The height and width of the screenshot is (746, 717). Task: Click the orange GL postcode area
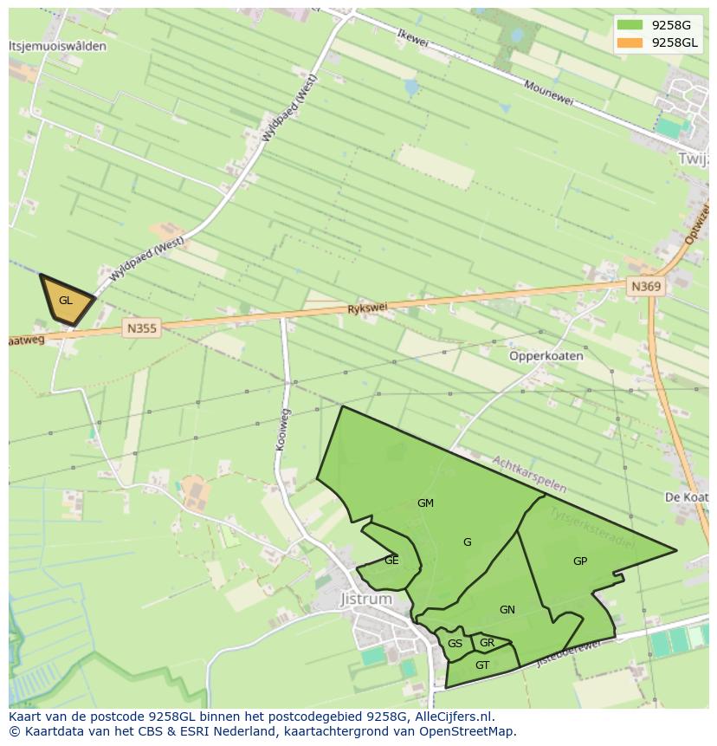(x=66, y=301)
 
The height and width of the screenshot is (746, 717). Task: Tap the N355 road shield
(x=142, y=328)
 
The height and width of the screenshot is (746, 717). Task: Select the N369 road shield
(x=646, y=286)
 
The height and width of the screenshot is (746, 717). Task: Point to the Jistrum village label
(x=365, y=599)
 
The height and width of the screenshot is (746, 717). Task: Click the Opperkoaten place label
(x=546, y=355)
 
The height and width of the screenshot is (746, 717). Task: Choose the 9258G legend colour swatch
(x=630, y=25)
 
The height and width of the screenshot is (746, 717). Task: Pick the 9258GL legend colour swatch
(x=630, y=42)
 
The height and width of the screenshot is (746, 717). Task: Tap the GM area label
(x=425, y=503)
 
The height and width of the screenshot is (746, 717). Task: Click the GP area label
(x=580, y=561)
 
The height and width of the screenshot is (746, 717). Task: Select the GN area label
(x=507, y=609)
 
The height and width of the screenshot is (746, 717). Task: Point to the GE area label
(x=391, y=560)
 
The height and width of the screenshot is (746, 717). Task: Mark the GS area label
(x=455, y=643)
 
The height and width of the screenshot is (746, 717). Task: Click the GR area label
(x=487, y=642)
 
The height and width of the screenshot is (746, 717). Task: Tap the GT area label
(x=482, y=665)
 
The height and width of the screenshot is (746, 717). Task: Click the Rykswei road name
(x=367, y=308)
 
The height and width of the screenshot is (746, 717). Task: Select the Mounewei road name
(x=549, y=94)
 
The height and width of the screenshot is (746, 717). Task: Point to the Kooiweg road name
(x=282, y=429)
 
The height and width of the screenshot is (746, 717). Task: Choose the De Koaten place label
(x=686, y=496)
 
